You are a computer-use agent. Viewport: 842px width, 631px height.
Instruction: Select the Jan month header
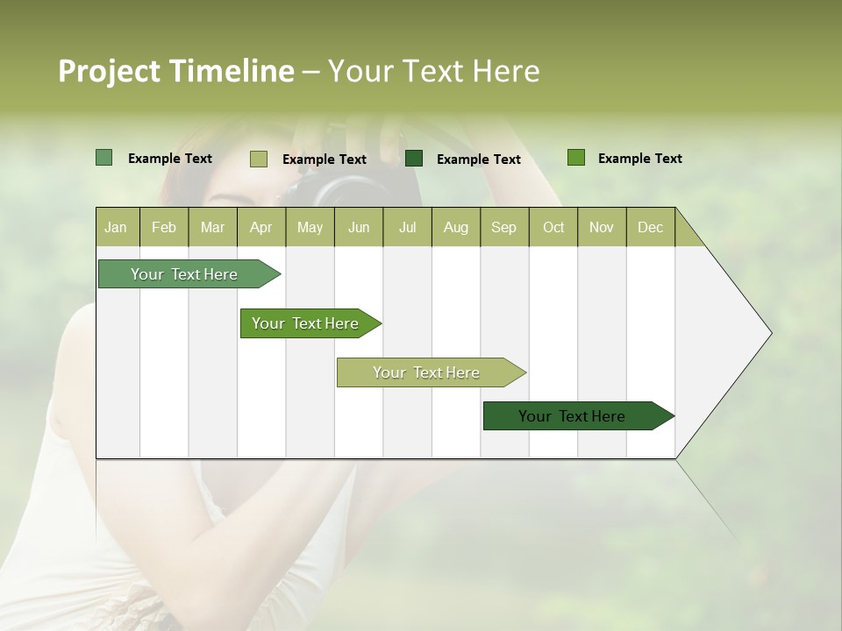click(x=116, y=227)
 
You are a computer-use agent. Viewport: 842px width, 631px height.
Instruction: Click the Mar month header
click(x=212, y=227)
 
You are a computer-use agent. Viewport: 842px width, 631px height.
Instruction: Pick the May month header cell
click(x=310, y=227)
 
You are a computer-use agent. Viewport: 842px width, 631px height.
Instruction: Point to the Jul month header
click(x=407, y=227)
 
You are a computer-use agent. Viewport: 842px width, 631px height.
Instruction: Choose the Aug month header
click(x=455, y=227)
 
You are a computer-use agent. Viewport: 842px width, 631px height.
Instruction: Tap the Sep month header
click(x=503, y=227)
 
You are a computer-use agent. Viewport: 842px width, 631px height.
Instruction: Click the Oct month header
click(x=553, y=227)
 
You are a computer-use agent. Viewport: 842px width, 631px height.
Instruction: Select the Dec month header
click(x=650, y=227)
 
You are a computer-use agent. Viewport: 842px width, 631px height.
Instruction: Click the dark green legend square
click(x=414, y=159)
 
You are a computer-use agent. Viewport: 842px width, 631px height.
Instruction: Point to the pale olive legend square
click(x=259, y=159)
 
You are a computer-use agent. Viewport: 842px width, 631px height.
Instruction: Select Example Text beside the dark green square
click(x=478, y=160)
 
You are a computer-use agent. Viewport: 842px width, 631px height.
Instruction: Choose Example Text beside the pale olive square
click(x=324, y=160)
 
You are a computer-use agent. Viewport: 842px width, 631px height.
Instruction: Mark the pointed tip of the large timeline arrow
click(x=770, y=333)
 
